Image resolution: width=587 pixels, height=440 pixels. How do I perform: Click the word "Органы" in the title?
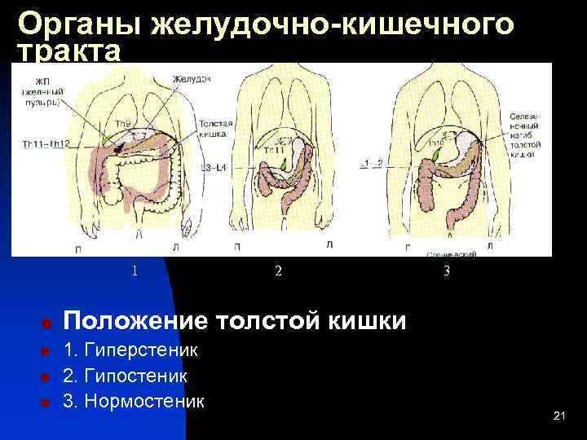click(x=78, y=24)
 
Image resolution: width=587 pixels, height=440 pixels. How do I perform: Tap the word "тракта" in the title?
click(x=69, y=52)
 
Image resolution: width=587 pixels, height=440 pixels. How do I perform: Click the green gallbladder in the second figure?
click(x=284, y=165)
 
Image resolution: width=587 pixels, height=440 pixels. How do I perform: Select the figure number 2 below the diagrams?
click(x=277, y=271)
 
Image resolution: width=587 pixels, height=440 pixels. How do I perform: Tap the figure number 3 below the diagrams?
click(x=446, y=271)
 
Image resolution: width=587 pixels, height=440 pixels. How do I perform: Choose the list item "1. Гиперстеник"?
click(x=131, y=351)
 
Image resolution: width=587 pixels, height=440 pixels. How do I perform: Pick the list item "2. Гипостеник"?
click(x=126, y=376)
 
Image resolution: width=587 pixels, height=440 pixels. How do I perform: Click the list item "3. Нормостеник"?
click(x=134, y=402)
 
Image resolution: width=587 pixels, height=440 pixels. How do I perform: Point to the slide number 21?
click(x=558, y=416)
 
